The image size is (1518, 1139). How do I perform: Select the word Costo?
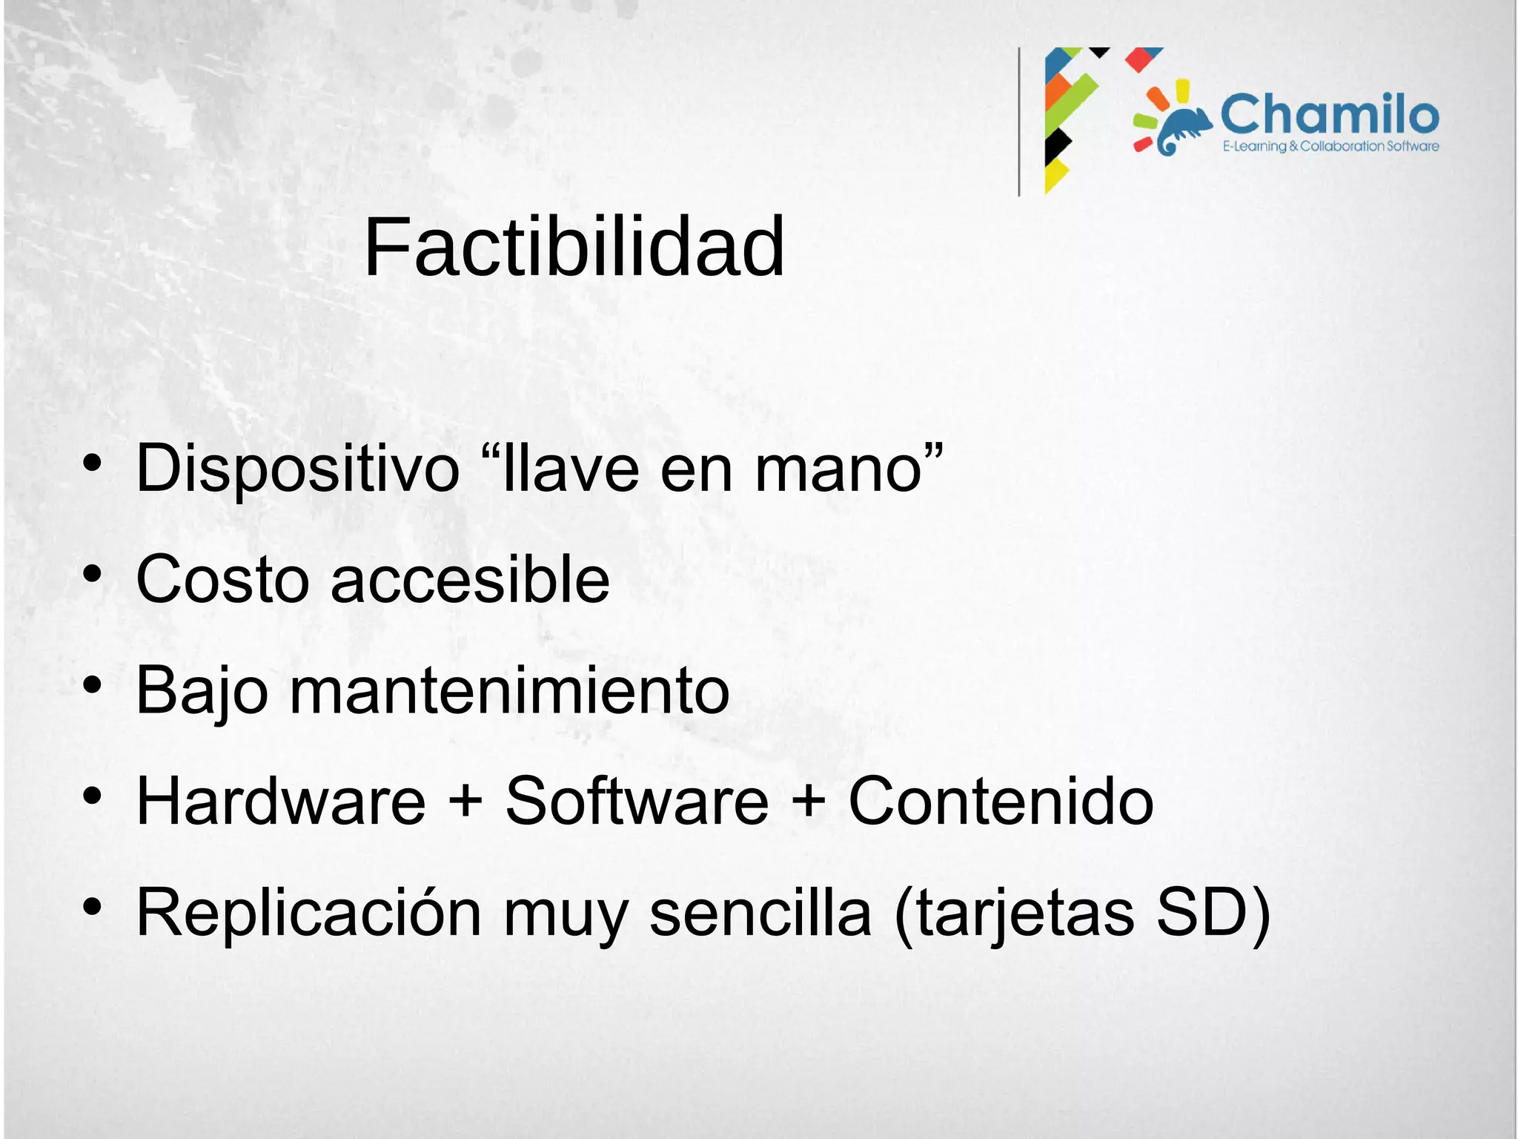point(222,580)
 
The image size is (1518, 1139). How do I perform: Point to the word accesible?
point(470,580)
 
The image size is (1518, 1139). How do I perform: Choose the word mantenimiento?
point(509,691)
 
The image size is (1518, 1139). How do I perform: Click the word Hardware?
point(281,802)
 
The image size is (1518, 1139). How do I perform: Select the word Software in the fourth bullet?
point(637,802)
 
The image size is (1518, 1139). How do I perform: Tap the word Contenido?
point(1001,802)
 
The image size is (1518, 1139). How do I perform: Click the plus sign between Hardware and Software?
point(465,803)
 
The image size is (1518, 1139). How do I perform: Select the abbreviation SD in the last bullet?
point(1204,914)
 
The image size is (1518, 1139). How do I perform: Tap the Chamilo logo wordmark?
point(1330,115)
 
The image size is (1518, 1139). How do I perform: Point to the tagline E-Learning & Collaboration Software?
point(1330,146)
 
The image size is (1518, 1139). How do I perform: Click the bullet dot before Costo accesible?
point(92,575)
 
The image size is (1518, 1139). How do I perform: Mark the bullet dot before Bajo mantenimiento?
point(92,686)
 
